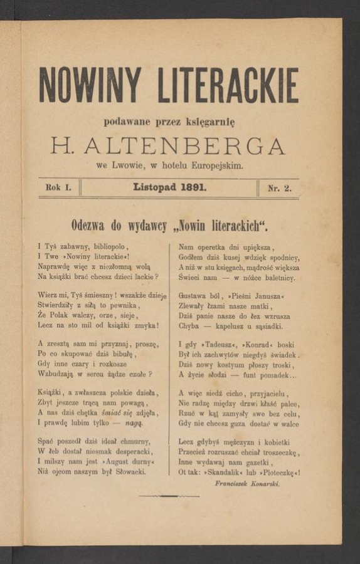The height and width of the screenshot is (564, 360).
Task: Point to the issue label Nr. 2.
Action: click(x=279, y=187)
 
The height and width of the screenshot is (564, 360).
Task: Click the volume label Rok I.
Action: click(x=59, y=187)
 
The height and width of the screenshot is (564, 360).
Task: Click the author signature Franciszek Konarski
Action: click(x=247, y=484)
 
